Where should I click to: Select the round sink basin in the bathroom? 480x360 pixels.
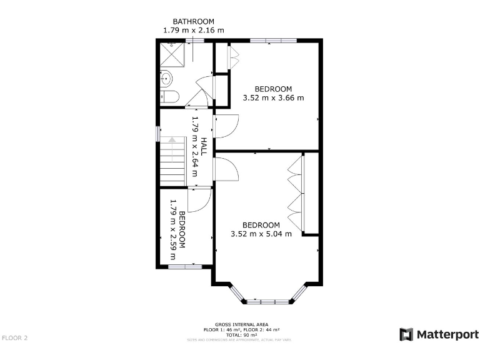pyautogui.click(x=166, y=79)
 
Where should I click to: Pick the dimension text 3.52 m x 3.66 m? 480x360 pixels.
pyautogui.click(x=273, y=97)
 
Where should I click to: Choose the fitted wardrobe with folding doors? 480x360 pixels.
pyautogui.click(x=296, y=193)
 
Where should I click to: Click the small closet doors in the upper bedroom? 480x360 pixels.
pyautogui.click(x=232, y=57)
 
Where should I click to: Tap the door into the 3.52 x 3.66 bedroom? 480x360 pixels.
pyautogui.click(x=225, y=127)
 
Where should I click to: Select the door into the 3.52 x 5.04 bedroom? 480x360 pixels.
pyautogui.click(x=225, y=169)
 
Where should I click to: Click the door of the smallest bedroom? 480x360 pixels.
pyautogui.click(x=199, y=200)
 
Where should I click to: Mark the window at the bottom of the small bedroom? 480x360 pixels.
pyautogui.click(x=184, y=267)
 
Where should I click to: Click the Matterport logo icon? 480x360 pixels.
pyautogui.click(x=406, y=334)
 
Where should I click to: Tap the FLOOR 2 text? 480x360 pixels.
pyautogui.click(x=15, y=338)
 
